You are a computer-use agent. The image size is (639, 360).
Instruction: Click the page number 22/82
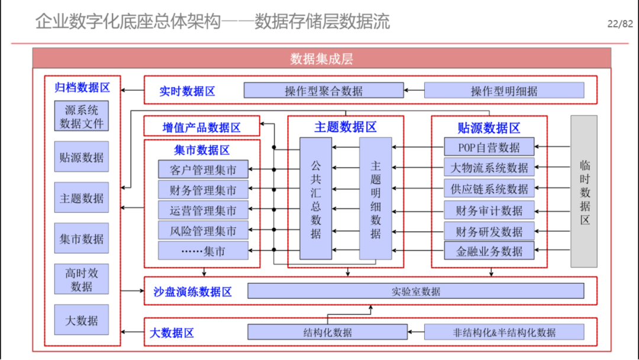point(620,24)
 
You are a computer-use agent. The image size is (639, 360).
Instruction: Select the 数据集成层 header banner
point(321,58)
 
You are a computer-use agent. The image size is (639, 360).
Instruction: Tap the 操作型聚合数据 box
point(324,91)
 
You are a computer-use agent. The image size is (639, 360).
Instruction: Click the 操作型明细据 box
point(504,91)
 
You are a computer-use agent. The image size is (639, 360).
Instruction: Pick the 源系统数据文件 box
point(82,116)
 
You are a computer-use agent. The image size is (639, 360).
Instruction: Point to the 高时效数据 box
point(82,279)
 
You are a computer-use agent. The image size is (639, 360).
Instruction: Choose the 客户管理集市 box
point(203,169)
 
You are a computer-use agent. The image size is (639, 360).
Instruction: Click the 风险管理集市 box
point(203,231)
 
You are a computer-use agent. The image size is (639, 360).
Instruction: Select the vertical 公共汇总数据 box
point(316,198)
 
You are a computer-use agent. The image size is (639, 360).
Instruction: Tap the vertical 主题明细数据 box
point(375,198)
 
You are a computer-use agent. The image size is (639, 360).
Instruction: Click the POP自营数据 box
point(489,147)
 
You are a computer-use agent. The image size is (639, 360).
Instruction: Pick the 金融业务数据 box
point(489,251)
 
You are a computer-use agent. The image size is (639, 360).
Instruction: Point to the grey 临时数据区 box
point(584,191)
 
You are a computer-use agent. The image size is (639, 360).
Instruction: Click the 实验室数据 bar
point(416,291)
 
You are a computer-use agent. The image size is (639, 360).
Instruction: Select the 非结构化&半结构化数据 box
point(504,332)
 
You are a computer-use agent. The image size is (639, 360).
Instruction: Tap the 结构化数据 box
point(327,332)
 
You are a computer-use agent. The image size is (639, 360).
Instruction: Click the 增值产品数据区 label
point(202,128)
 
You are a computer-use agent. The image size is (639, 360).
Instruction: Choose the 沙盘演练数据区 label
point(193,291)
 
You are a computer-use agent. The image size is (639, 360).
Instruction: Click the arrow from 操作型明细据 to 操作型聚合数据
point(414,90)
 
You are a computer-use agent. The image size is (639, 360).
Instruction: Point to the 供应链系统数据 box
point(489,189)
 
